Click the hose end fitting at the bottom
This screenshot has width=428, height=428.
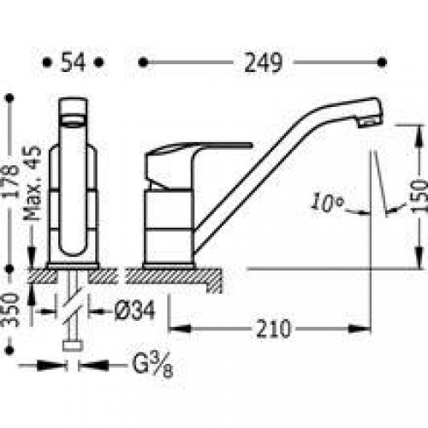(x=72, y=346)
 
